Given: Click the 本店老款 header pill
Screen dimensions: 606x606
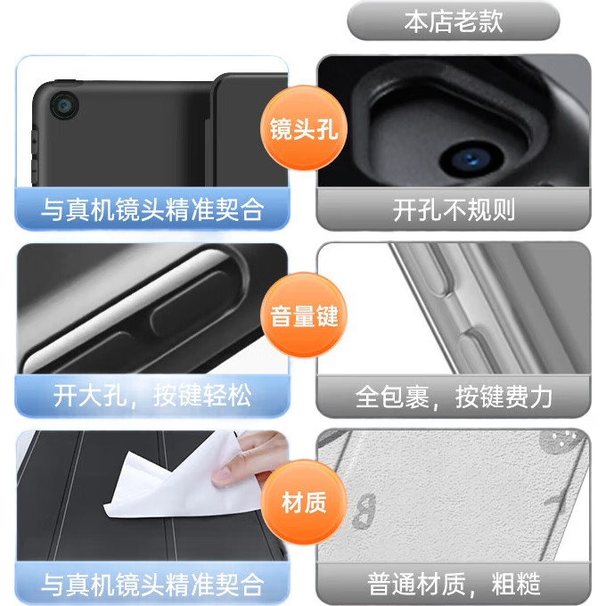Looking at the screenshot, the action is click(453, 21).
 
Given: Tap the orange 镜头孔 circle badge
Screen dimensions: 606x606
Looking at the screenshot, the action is click(304, 128).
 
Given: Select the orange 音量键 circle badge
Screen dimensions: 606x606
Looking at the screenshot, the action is click(304, 315).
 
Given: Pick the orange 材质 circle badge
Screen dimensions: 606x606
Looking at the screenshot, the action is click(304, 502).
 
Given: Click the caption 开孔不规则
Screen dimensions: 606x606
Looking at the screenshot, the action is click(454, 209).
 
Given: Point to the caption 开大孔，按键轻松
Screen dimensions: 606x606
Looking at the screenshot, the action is click(151, 396).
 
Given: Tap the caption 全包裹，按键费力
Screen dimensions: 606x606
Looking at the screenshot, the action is click(454, 397).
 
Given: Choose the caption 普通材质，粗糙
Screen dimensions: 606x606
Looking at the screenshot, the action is click(454, 584).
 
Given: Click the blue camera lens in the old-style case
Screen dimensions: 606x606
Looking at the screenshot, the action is click(471, 159).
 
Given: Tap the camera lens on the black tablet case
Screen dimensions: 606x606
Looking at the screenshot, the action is click(64, 105).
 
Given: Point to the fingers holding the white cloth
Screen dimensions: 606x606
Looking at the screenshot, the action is click(248, 458).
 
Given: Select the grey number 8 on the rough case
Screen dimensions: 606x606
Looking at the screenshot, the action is click(364, 511).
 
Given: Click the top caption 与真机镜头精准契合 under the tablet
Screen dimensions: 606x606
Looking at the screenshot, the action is click(151, 209).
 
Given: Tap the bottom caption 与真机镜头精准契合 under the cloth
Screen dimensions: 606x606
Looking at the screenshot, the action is click(151, 584).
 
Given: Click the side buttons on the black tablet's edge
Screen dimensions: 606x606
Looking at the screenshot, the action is click(35, 157).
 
